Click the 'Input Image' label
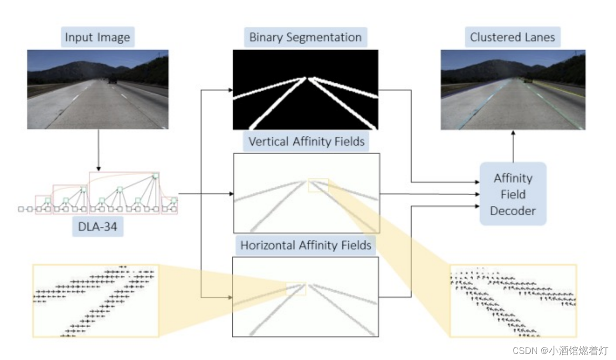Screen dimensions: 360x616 97,37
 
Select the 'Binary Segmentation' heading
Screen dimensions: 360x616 305,37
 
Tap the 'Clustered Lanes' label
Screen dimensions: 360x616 513,37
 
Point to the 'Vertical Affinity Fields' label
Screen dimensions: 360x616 306,141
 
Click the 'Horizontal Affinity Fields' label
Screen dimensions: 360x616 305,245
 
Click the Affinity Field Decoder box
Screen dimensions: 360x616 513,194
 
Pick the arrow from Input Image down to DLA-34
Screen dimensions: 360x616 98,149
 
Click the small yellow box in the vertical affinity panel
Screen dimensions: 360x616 318,185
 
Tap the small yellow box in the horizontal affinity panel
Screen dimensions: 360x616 296,288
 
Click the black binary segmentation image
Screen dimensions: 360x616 305,90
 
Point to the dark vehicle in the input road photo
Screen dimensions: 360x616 112,79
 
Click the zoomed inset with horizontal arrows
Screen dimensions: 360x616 95,300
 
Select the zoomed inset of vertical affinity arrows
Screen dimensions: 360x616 513,300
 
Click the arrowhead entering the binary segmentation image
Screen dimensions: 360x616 230,90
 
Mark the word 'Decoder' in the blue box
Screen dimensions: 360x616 513,210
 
